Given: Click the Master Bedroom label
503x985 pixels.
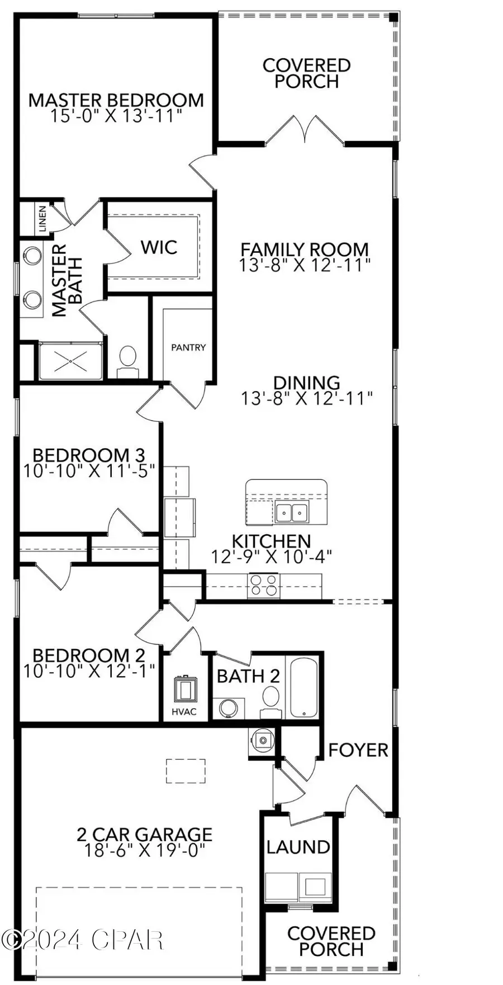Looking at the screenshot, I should [x=116, y=101].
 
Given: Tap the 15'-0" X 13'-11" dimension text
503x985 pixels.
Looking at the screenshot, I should [x=116, y=116].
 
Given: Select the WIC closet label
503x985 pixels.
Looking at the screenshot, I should [x=159, y=247].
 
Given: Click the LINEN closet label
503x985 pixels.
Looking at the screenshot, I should [x=43, y=219].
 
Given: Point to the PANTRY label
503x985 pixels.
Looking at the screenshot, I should [x=188, y=347].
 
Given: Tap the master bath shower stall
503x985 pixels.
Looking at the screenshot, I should [x=70, y=361].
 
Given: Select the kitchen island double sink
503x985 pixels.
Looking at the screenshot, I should [x=291, y=512].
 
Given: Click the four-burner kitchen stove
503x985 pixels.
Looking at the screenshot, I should [x=264, y=586].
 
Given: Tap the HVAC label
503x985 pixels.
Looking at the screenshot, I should [x=184, y=712].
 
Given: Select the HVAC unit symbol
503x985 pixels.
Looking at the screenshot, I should [x=183, y=689].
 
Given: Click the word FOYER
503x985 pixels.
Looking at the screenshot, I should [x=358, y=750].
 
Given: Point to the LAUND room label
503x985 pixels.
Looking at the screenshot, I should [x=298, y=847].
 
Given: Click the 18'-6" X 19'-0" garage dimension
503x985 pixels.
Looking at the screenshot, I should [x=144, y=851].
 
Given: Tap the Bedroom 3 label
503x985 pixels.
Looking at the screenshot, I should [x=88, y=455].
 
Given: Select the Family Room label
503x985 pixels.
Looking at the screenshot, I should [x=305, y=249].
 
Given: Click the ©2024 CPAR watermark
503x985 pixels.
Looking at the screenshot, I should [x=82, y=940].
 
